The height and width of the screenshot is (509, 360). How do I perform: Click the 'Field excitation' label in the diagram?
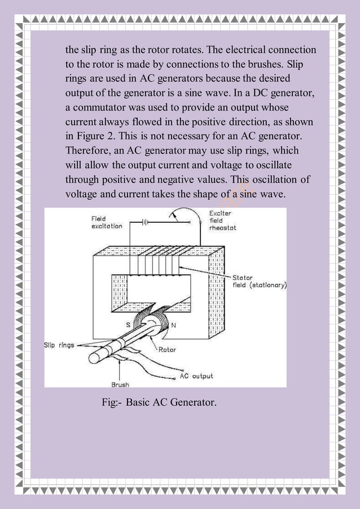coord(107,222)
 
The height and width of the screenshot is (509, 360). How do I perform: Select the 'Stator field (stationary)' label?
coord(260,282)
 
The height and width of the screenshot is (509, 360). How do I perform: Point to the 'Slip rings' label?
coord(59,345)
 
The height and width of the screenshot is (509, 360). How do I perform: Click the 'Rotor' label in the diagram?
coord(167,350)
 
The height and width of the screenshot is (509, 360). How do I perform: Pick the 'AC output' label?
coord(196,376)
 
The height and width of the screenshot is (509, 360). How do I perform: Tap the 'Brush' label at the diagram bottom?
coord(120,385)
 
